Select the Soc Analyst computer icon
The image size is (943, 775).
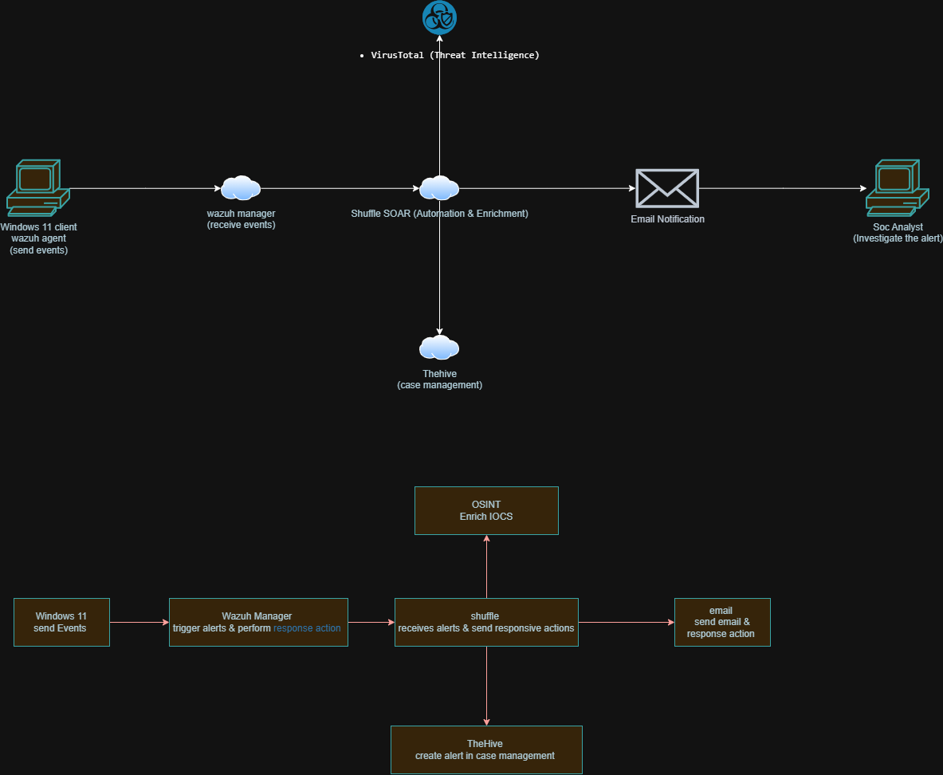tap(897, 187)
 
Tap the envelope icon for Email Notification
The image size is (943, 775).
tap(666, 188)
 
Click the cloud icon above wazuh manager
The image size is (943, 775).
tap(240, 188)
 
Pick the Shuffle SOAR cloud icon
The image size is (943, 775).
tap(439, 188)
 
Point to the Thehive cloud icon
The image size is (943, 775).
tap(439, 348)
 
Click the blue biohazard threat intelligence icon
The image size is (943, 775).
tap(439, 18)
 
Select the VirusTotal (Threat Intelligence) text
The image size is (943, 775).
tap(455, 55)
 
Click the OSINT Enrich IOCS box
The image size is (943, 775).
tap(486, 510)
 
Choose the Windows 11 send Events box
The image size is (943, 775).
tap(61, 622)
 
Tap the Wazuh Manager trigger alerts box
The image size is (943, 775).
tap(258, 622)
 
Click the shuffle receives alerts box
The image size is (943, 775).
tap(486, 622)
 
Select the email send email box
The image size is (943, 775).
tap(721, 622)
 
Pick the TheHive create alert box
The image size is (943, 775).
tap(486, 749)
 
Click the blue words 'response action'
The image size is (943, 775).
tap(307, 628)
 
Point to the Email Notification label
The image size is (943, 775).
tap(667, 219)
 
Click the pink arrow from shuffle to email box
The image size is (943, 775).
tap(626, 622)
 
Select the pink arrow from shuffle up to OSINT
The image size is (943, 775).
tap(486, 566)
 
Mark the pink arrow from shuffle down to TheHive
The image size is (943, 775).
tap(486, 686)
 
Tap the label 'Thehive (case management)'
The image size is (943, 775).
tap(439, 380)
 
